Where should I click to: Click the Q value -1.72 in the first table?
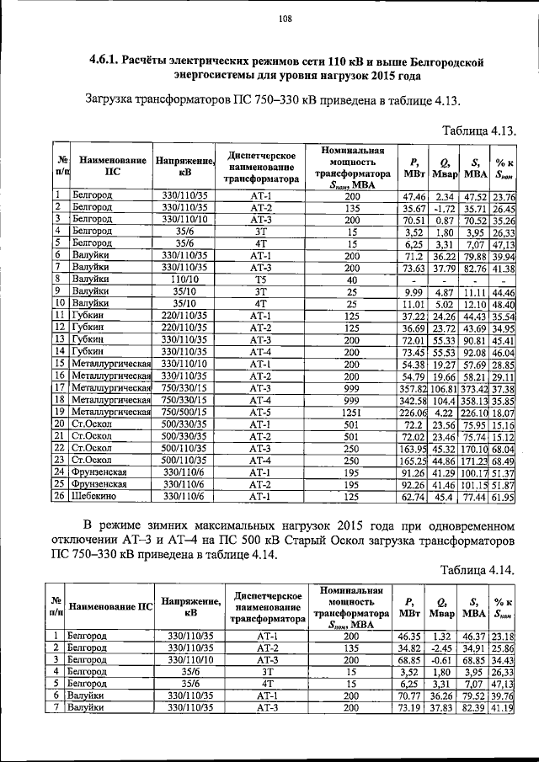(444, 207)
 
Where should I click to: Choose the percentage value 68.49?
(504, 461)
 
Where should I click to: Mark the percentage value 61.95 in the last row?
(504, 498)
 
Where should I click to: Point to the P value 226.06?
(412, 412)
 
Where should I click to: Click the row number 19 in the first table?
(61, 412)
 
